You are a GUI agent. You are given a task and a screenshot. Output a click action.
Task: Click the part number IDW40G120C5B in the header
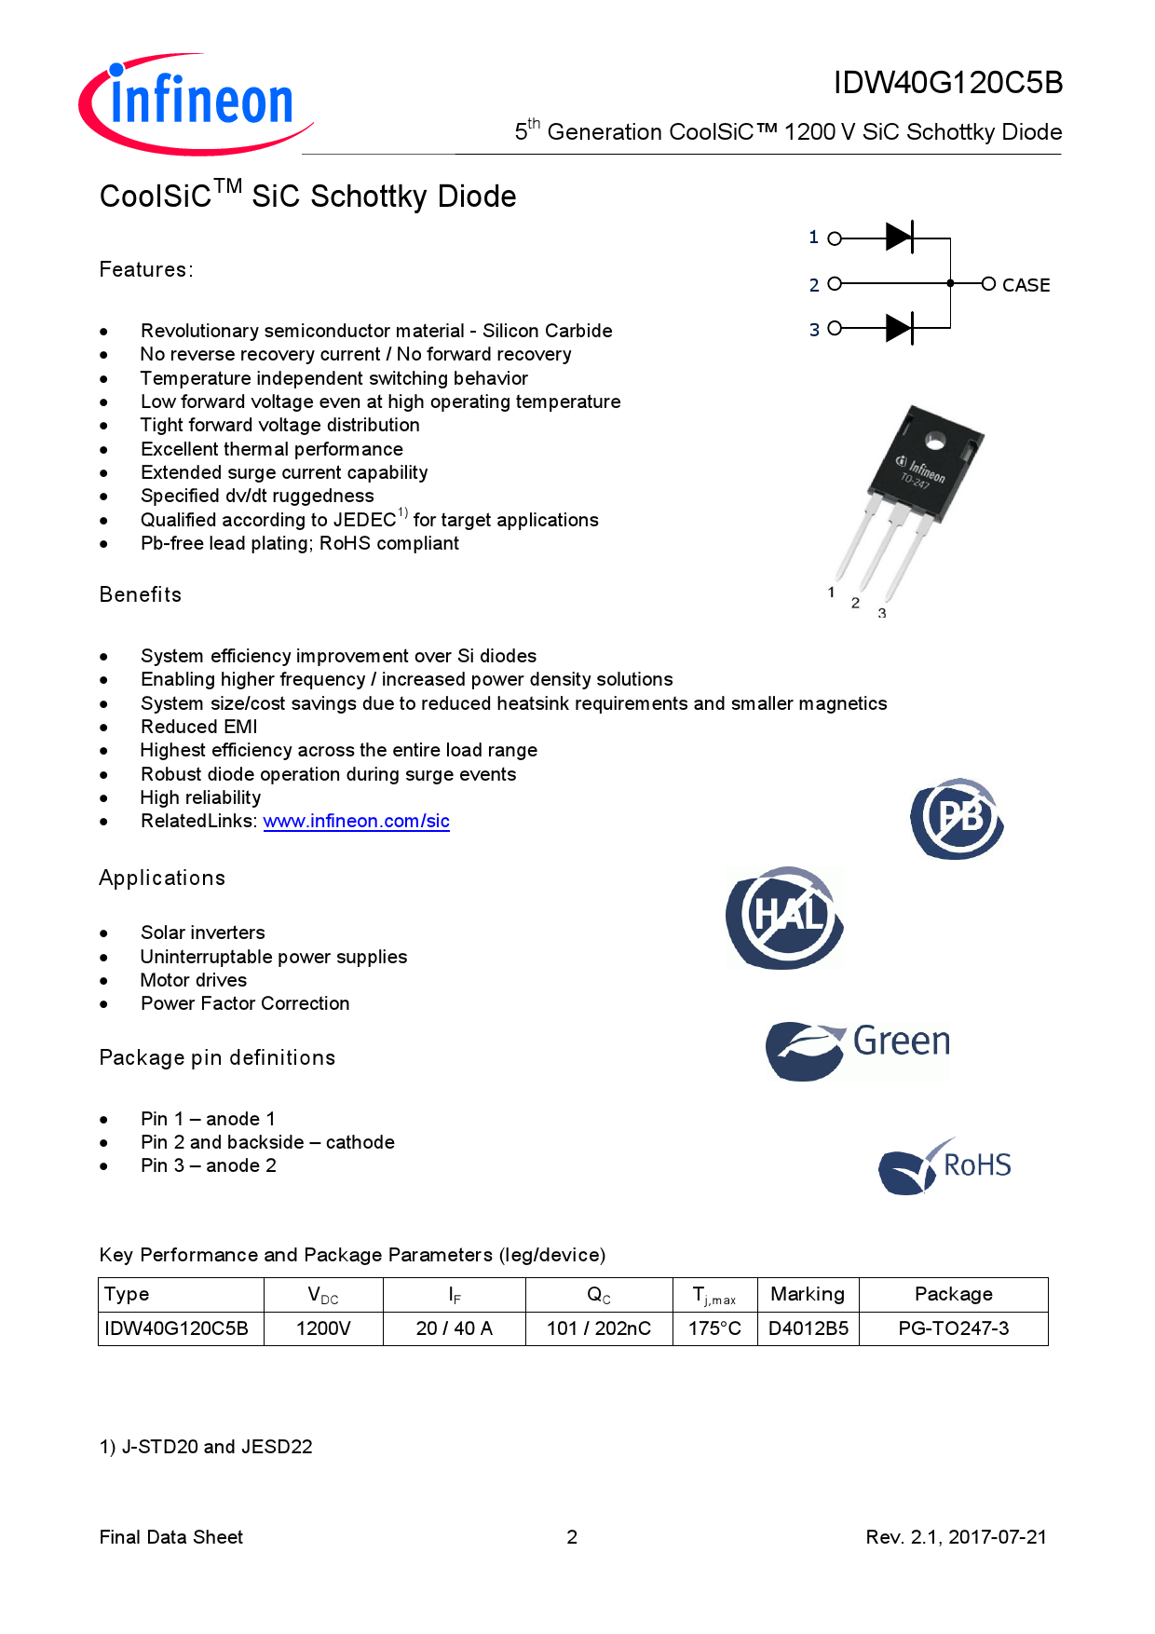947,83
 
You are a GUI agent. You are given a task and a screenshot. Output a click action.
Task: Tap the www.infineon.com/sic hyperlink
356,821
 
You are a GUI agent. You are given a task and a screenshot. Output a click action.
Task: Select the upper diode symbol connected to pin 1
899,238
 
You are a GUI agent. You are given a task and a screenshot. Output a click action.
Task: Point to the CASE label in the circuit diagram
1026,285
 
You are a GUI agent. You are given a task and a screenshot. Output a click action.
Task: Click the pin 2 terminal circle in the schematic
835,283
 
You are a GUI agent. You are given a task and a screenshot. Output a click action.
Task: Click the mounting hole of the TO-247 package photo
934,441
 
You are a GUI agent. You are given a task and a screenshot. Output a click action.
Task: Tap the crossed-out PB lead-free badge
957,818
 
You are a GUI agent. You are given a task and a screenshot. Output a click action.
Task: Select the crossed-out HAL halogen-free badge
785,918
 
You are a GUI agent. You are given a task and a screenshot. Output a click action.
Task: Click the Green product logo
858,1049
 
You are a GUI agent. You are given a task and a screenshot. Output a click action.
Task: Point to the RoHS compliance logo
944,1165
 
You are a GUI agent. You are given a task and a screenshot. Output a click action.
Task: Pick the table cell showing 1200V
323,1328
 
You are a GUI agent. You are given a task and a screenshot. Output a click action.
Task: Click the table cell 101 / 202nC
598,1328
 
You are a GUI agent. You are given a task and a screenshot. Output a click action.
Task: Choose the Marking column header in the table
807,1294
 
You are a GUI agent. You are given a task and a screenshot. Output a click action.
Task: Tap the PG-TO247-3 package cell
953,1328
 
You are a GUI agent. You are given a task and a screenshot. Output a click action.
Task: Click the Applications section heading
162,878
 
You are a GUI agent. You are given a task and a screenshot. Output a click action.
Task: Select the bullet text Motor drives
193,980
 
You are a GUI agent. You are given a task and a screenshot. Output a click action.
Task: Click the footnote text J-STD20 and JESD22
216,1447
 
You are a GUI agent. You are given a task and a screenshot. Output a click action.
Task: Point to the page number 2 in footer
572,1537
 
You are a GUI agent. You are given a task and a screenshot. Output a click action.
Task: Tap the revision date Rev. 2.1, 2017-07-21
956,1537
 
